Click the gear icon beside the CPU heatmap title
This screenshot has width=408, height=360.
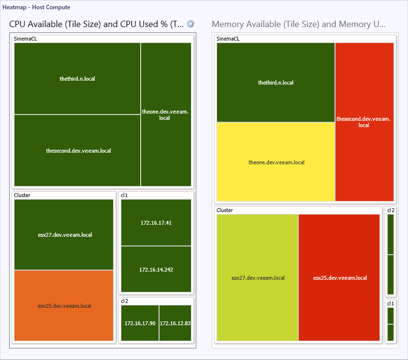click(x=191, y=24)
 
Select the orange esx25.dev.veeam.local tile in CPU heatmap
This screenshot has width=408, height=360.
click(x=64, y=305)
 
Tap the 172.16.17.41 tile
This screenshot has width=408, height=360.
click(x=156, y=223)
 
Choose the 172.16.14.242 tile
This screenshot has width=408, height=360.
click(x=156, y=269)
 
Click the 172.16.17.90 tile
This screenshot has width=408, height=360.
click(x=140, y=323)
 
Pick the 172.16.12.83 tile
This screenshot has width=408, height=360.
click(x=175, y=323)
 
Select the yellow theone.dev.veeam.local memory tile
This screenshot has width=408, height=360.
click(x=276, y=162)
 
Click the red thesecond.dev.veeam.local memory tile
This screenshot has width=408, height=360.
click(x=364, y=122)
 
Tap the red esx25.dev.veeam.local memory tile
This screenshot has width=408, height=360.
click(x=339, y=278)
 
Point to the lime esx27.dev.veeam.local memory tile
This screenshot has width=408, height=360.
click(x=258, y=278)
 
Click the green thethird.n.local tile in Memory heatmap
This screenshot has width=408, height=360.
click(x=276, y=83)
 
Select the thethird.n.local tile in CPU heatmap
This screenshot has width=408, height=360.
click(x=77, y=78)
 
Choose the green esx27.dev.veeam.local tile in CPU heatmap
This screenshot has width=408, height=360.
click(x=64, y=235)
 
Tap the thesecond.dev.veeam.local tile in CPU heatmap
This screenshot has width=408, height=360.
click(x=78, y=151)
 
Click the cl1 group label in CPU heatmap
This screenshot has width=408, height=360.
click(x=124, y=195)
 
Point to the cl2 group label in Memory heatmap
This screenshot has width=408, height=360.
click(x=391, y=210)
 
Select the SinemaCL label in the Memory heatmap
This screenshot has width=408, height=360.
click(x=228, y=39)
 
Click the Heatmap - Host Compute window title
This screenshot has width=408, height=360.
click(x=36, y=7)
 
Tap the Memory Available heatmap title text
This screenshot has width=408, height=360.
click(x=299, y=24)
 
